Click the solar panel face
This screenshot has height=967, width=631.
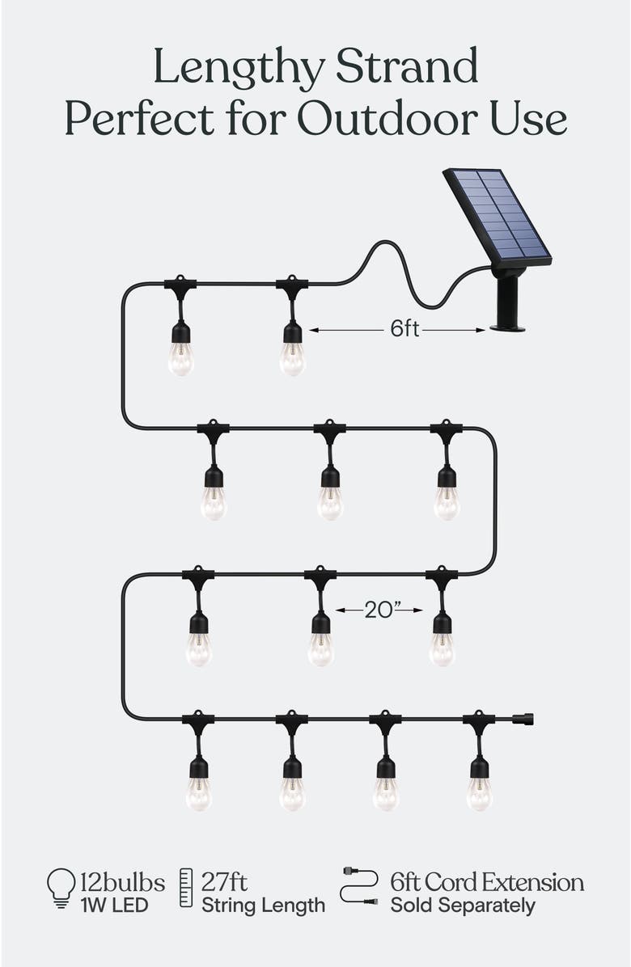coord(496,215)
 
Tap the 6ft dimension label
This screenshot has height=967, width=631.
coord(404,329)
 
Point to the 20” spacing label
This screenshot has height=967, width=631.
coord(379,610)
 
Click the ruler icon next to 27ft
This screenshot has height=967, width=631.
coord(186,888)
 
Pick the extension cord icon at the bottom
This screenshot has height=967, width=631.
coord(359,885)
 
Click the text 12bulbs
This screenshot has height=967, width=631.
coord(122,881)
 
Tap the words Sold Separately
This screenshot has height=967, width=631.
coord(463,905)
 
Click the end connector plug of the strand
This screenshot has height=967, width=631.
coord(525,717)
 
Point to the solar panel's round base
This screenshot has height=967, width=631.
coord(508,327)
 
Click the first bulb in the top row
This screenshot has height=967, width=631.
coord(180,357)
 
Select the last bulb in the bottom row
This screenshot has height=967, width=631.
coord(480,792)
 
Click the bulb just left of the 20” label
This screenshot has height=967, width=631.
coord(321,648)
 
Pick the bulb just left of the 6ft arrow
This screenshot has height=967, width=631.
coord(292,357)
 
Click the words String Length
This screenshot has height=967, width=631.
coord(264,905)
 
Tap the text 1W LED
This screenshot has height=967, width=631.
coord(114,905)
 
